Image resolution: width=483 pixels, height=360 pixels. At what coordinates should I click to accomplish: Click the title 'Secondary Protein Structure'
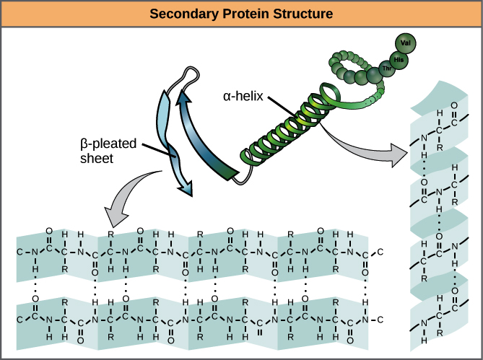click(241, 14)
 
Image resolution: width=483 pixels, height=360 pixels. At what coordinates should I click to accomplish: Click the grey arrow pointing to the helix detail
click(368, 149)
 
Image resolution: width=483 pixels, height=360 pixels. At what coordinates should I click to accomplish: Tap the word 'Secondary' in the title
click(192, 14)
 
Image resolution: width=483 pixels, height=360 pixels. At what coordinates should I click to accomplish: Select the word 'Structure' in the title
click(304, 14)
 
